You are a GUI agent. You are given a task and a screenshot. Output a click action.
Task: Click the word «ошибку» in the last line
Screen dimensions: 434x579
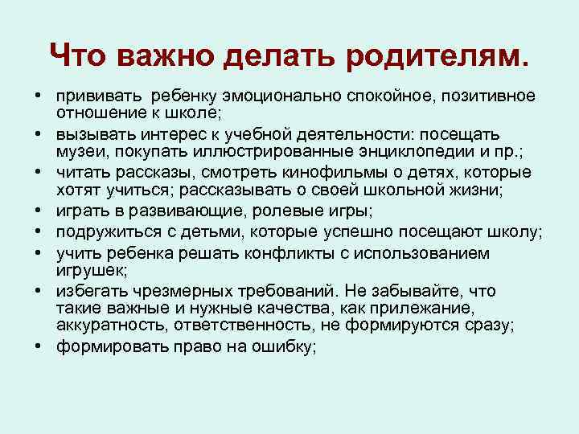click(x=288, y=346)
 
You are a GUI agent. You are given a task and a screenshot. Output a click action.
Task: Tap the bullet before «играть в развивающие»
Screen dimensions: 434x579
click(x=39, y=211)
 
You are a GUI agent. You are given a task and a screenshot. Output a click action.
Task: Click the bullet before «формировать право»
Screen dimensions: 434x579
click(x=39, y=346)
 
